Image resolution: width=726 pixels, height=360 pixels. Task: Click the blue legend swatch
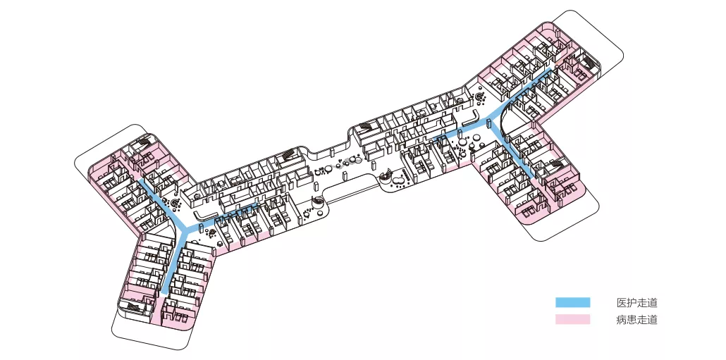click(572, 302)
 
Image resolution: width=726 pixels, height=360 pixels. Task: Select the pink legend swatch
click(572, 320)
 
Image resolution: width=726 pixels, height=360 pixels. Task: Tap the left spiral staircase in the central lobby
click(319, 203)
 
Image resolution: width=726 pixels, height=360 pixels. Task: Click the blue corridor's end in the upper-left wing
click(138, 180)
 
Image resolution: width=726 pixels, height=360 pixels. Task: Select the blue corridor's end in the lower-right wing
click(539, 180)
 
